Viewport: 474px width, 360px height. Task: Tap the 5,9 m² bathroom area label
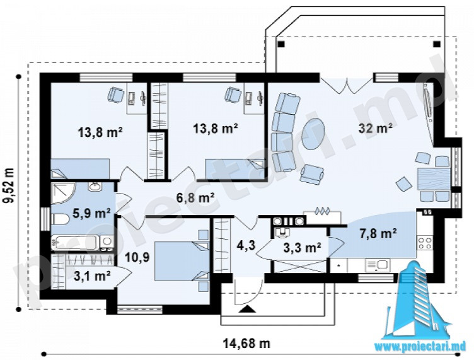pos(91,213)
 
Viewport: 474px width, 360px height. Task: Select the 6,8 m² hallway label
pos(195,198)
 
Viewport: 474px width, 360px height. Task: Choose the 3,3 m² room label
pos(303,248)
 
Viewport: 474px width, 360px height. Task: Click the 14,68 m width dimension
pos(246,344)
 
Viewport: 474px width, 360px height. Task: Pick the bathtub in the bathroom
pos(76,243)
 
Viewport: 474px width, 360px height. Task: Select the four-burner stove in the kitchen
pos(425,243)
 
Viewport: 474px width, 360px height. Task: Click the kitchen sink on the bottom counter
pos(377,265)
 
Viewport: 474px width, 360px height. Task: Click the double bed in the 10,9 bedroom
pos(182,261)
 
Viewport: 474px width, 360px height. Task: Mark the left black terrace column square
pos(281,44)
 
